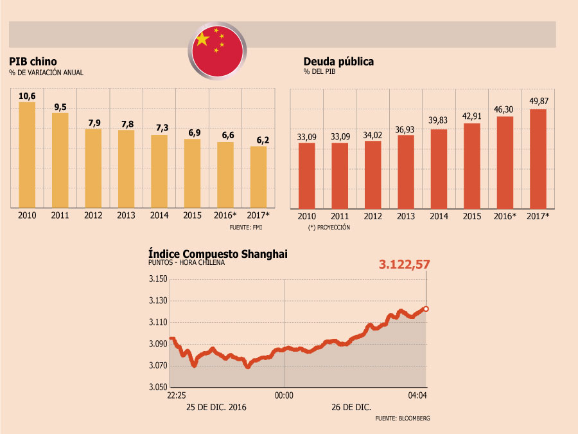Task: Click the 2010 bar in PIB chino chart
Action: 27,154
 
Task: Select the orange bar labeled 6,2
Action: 258,177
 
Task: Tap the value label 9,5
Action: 60,107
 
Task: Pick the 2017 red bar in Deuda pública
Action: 538,159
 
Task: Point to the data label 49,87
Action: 539,101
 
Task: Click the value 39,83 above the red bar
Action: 438,120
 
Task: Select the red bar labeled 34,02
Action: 372,175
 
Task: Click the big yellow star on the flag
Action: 202,39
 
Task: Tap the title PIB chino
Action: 33,61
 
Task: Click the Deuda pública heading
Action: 338,61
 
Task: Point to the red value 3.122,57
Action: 405,264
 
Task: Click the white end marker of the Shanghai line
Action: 426,309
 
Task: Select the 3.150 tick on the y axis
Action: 158,278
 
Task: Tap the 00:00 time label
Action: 284,395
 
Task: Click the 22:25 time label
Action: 177,395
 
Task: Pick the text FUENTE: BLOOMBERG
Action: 403,418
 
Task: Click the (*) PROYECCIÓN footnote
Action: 329,228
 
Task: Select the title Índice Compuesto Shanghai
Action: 218,254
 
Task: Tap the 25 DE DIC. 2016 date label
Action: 216,407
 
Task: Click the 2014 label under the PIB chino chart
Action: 159,215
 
